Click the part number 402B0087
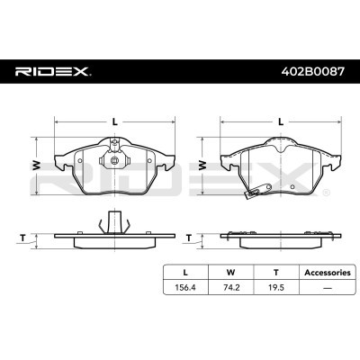(312, 71)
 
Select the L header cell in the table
(185, 273)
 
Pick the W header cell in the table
(231, 273)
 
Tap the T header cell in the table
(276, 273)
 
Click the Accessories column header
(328, 273)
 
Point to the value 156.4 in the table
(185, 287)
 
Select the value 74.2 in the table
(231, 287)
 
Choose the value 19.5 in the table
(276, 287)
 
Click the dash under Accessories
(328, 288)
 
